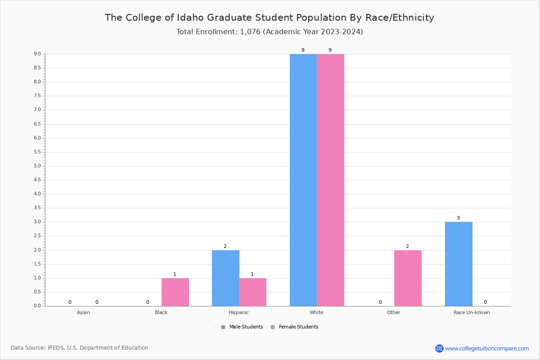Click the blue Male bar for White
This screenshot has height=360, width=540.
303,180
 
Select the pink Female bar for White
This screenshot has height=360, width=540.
330,180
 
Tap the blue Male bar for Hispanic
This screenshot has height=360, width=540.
225,278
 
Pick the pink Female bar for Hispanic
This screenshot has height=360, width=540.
252,292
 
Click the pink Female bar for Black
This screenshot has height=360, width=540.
175,292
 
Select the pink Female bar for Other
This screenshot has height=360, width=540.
408,278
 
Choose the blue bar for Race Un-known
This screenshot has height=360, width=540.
459,264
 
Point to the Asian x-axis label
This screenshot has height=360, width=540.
83,312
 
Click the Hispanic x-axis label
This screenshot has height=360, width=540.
238,312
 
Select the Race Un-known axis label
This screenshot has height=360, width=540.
472,312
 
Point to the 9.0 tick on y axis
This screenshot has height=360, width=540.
37,54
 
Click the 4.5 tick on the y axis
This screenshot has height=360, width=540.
37,180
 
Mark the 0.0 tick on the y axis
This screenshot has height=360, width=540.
37,306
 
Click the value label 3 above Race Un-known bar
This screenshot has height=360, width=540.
458,218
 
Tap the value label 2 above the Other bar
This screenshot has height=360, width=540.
407,246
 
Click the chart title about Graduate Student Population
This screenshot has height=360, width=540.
270,18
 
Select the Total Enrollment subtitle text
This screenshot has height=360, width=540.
270,32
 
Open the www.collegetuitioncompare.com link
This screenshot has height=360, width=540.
487,348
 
